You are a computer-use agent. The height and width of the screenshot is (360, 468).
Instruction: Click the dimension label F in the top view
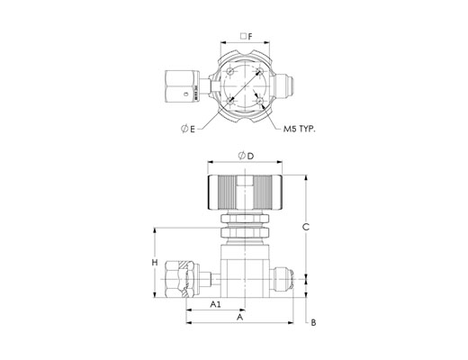250,37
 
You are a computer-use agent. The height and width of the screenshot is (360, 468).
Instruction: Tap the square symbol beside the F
244,36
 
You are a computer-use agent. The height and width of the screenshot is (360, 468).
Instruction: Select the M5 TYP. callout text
300,130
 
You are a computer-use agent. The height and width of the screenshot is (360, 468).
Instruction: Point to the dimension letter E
193,130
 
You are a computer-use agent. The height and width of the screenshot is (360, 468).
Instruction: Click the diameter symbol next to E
184,129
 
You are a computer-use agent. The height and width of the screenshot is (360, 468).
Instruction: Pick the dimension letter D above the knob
250,156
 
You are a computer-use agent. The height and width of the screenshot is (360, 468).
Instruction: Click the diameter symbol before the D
242,156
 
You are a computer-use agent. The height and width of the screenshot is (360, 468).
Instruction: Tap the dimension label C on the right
306,227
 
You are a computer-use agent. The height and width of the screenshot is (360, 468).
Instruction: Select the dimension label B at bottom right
313,323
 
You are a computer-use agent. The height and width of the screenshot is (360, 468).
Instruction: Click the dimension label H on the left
155,263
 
